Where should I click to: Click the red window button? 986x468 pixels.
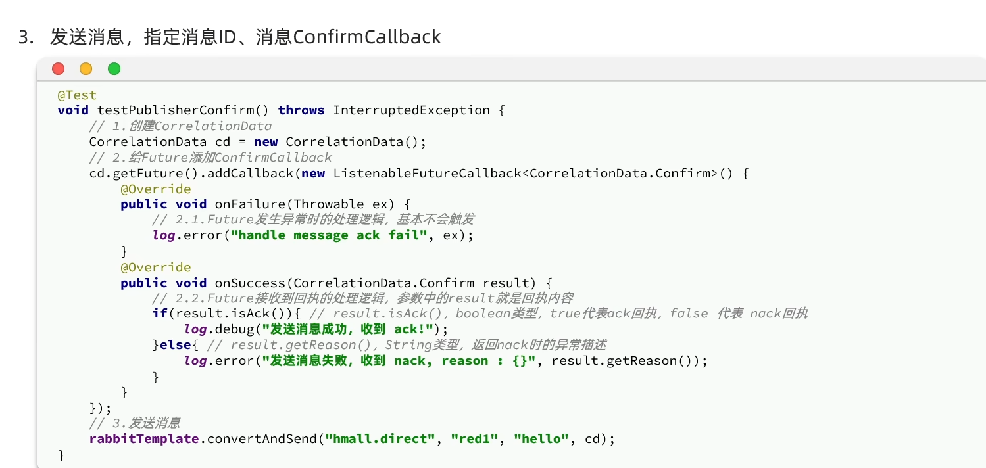coord(59,68)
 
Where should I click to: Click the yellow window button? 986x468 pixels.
coord(86,68)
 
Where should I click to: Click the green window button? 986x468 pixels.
coord(114,68)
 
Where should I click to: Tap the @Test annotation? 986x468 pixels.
coord(77,95)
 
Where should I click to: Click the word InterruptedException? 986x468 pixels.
coord(411,110)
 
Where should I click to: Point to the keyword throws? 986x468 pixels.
coord(301,110)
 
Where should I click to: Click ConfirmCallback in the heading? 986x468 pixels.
coord(367,37)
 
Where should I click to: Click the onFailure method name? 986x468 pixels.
coord(250,204)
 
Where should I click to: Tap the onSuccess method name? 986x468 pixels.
coord(250,283)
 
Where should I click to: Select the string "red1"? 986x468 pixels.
coord(474,438)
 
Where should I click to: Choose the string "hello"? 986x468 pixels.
coord(541,438)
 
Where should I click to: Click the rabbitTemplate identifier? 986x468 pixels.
coord(144,438)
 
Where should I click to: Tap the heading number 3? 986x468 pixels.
coord(24,37)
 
